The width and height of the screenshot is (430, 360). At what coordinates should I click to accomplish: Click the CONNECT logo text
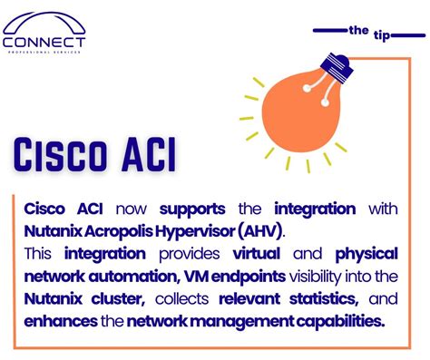point(44,43)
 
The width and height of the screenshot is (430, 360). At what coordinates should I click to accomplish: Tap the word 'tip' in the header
point(382,35)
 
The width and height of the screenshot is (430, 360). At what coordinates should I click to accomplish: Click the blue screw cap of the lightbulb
point(337,68)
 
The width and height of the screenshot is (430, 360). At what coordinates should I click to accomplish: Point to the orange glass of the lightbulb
point(301,112)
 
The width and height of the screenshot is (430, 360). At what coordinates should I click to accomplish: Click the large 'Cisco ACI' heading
point(94,155)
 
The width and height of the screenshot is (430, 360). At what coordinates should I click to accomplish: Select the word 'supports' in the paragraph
point(192,209)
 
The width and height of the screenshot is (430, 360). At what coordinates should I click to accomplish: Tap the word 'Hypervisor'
point(195,232)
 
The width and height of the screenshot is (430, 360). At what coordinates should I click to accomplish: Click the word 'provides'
point(190,254)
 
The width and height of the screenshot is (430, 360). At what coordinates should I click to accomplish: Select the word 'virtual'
point(257,253)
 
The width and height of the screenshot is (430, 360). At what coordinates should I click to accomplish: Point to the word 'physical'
point(366,254)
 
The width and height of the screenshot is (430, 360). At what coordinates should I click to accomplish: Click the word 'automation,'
point(132,277)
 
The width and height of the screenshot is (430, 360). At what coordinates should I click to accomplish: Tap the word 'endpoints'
point(249,277)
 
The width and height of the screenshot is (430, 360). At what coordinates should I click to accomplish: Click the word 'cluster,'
point(118,299)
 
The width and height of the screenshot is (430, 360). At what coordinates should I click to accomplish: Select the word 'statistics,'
point(324,299)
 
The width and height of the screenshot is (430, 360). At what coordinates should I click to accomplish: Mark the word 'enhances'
point(61,322)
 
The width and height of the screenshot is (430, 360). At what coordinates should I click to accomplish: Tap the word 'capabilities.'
point(340,322)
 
